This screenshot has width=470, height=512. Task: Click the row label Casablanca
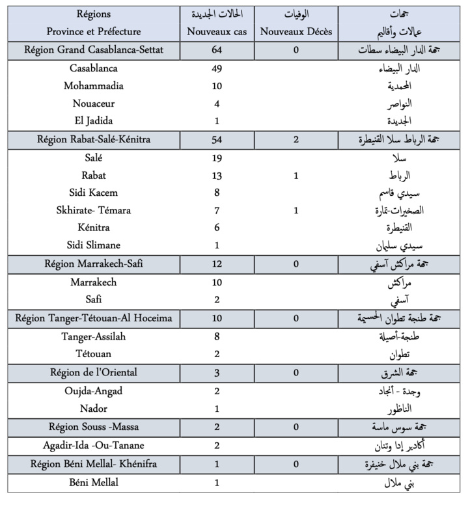click(x=94, y=69)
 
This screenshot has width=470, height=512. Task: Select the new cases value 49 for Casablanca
click(x=217, y=69)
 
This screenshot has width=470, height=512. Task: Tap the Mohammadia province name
click(x=94, y=86)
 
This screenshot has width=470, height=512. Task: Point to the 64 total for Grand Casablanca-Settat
click(x=217, y=49)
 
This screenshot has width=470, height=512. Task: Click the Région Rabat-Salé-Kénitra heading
click(x=94, y=139)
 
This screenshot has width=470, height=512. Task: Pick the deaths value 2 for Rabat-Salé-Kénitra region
click(x=296, y=139)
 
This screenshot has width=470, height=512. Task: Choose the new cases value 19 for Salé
click(x=217, y=158)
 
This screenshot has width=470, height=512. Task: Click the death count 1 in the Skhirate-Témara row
click(x=296, y=209)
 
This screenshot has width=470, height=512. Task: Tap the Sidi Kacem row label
click(x=94, y=193)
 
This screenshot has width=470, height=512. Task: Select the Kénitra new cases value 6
click(x=217, y=227)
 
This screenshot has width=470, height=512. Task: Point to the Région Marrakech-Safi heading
click(x=94, y=263)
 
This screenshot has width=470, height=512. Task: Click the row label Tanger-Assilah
click(x=94, y=336)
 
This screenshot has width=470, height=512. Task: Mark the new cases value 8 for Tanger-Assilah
click(x=217, y=336)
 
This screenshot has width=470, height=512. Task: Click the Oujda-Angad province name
click(x=94, y=391)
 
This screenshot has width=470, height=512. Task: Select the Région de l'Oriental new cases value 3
click(x=217, y=372)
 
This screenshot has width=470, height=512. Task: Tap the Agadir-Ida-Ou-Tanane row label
click(x=94, y=446)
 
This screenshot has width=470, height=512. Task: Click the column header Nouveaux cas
click(x=217, y=31)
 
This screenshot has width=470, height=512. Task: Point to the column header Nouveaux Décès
click(x=296, y=31)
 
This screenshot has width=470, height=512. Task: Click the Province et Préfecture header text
click(x=94, y=31)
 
